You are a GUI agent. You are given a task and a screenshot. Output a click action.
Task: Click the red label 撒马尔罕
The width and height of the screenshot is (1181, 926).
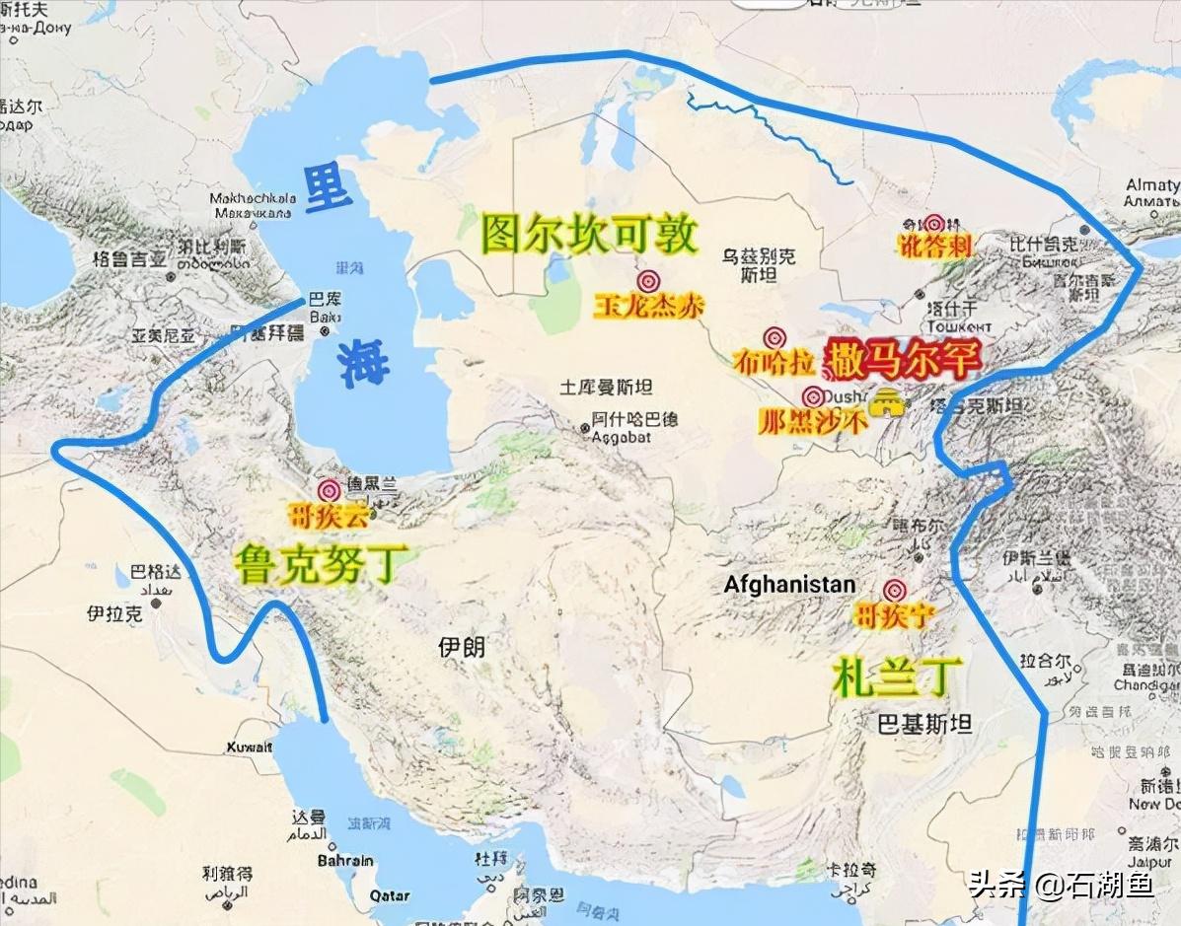point(904,359)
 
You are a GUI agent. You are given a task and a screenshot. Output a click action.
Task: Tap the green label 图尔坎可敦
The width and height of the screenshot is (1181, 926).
point(590,235)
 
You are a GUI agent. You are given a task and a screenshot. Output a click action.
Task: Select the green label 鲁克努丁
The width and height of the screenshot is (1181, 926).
point(319,563)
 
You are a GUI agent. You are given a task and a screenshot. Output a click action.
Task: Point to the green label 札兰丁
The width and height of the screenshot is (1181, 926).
point(896,677)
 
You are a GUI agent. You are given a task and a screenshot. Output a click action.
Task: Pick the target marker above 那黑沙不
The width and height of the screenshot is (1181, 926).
point(812,397)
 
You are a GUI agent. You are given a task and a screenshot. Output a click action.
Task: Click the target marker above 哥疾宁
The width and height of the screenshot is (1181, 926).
point(895,590)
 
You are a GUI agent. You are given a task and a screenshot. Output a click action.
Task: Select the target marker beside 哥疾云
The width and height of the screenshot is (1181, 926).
point(330,490)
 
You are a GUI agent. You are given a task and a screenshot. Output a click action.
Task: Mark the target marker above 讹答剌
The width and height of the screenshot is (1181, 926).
point(933,225)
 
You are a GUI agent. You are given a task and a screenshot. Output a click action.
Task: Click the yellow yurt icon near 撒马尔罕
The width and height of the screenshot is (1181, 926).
point(889,402)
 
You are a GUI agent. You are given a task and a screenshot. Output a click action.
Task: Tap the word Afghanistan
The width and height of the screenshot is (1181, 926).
point(789,585)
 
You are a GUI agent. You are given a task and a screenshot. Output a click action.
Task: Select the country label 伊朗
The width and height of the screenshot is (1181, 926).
point(462,647)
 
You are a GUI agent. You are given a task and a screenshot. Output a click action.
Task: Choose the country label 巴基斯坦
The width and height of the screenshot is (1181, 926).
point(924,724)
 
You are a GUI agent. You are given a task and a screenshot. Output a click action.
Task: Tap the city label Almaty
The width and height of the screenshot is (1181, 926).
point(1152,185)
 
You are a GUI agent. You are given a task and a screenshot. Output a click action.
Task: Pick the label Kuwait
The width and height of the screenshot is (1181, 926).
point(249,747)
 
